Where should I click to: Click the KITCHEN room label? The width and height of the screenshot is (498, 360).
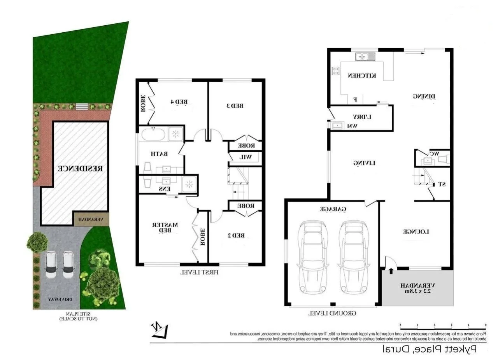tap(361, 76)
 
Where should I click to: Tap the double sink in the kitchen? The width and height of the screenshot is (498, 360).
tap(365, 57)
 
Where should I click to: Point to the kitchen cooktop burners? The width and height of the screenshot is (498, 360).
tap(335, 71)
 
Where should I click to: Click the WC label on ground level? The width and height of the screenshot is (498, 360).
tap(434, 154)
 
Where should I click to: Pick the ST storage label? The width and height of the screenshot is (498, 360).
tap(442, 184)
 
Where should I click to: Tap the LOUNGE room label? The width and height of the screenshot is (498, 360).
tap(416, 232)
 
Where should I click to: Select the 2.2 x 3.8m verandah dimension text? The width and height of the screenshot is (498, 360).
tap(417, 291)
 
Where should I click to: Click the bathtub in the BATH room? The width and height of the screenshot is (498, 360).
tap(153, 135)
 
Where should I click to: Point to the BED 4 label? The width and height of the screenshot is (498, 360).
tap(179, 102)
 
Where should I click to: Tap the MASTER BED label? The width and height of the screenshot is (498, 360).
tap(170, 228)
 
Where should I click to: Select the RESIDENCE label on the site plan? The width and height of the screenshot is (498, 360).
tap(81, 169)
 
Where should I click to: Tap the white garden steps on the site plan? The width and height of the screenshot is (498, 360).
tap(81, 106)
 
